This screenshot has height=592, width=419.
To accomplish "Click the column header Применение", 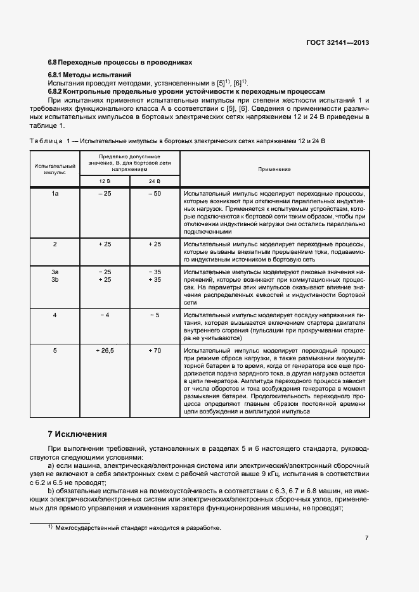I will [274, 169].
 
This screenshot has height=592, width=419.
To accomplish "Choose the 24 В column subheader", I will [155, 181].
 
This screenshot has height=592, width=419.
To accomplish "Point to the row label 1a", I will [55, 194].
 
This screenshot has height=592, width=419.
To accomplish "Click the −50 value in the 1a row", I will [155, 194].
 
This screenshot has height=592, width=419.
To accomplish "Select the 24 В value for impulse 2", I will [155, 244].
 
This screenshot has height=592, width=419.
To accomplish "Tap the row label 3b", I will [55, 279].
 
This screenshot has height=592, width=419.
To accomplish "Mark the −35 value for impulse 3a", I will [155, 271].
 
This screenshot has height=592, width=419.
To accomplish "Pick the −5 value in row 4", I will [155, 315].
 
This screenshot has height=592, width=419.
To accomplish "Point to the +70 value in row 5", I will [155, 350].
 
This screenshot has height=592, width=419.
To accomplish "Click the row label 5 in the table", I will [55, 350].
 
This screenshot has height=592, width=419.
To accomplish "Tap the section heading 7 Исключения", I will [77, 434].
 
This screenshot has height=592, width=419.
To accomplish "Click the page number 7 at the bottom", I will [366, 538].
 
